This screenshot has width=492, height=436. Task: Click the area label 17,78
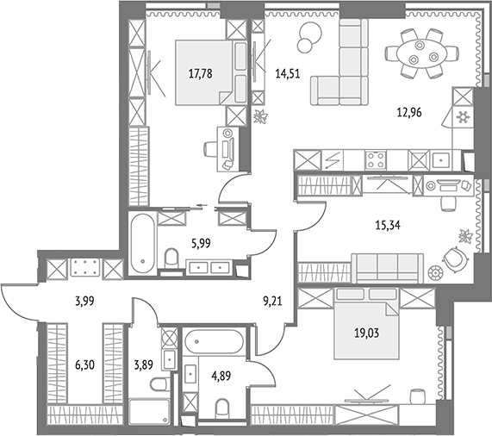click(200, 74)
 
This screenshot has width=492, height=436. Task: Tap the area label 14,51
click(288, 74)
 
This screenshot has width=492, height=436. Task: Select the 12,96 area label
click(409, 112)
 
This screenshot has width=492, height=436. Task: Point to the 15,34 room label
click(388, 225)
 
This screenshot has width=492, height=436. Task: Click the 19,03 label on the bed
click(366, 333)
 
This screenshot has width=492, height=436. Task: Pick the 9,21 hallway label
click(272, 302)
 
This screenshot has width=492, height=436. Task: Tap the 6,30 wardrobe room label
click(84, 365)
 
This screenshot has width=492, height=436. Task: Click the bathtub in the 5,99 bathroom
click(143, 244)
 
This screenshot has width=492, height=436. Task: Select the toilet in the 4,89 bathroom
click(222, 408)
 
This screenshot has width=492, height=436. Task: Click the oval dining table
click(421, 53)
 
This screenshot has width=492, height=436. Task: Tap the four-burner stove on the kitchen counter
click(376, 160)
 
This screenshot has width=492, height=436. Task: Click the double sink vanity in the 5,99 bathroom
click(209, 268)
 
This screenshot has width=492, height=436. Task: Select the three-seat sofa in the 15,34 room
click(388, 267)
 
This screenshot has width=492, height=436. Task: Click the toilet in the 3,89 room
click(160, 384)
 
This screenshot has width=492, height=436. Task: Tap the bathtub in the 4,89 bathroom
click(214, 342)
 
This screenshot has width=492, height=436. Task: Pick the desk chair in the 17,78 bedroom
click(211, 149)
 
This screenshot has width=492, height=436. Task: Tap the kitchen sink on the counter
click(441, 160)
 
